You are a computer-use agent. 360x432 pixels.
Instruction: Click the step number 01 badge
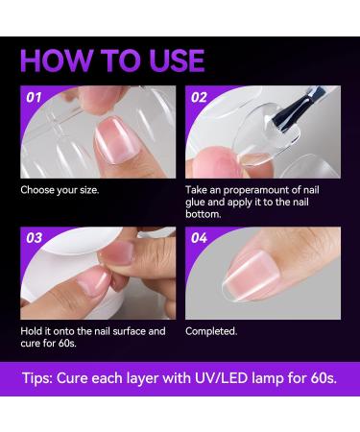(x=36, y=97)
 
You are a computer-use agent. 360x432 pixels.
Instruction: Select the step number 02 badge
(x=200, y=97)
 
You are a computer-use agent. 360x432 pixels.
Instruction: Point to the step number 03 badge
(x=36, y=237)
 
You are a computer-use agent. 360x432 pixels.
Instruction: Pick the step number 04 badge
(x=200, y=237)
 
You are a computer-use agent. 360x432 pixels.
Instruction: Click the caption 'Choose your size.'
(x=60, y=189)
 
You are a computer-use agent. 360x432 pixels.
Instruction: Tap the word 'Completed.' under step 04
(x=211, y=331)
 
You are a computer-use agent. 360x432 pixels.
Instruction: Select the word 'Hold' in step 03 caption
(x=32, y=331)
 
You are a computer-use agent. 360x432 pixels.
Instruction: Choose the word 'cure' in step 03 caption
(x=32, y=345)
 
